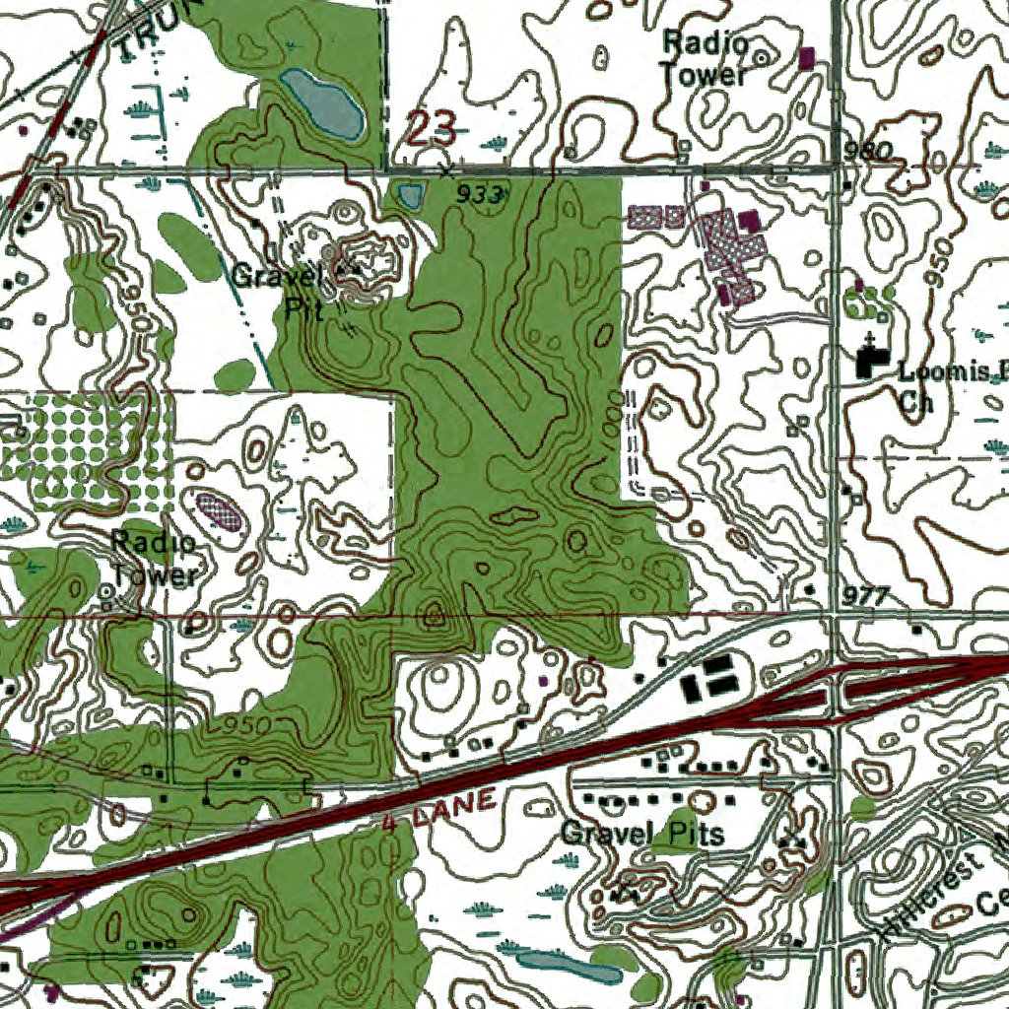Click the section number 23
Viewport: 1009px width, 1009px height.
(x=432, y=127)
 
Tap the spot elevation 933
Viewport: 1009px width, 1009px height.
(x=480, y=195)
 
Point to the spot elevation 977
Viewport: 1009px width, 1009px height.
(x=866, y=596)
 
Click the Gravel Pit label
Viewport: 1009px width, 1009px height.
(x=279, y=292)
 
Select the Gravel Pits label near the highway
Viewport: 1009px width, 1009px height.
(x=642, y=835)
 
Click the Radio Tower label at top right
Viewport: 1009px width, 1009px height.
(x=705, y=58)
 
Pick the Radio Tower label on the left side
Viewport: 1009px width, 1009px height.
(x=155, y=559)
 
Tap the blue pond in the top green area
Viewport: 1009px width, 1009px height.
(x=320, y=102)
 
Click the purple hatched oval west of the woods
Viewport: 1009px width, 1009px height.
(x=220, y=510)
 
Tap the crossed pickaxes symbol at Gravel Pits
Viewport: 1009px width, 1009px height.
(x=790, y=839)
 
